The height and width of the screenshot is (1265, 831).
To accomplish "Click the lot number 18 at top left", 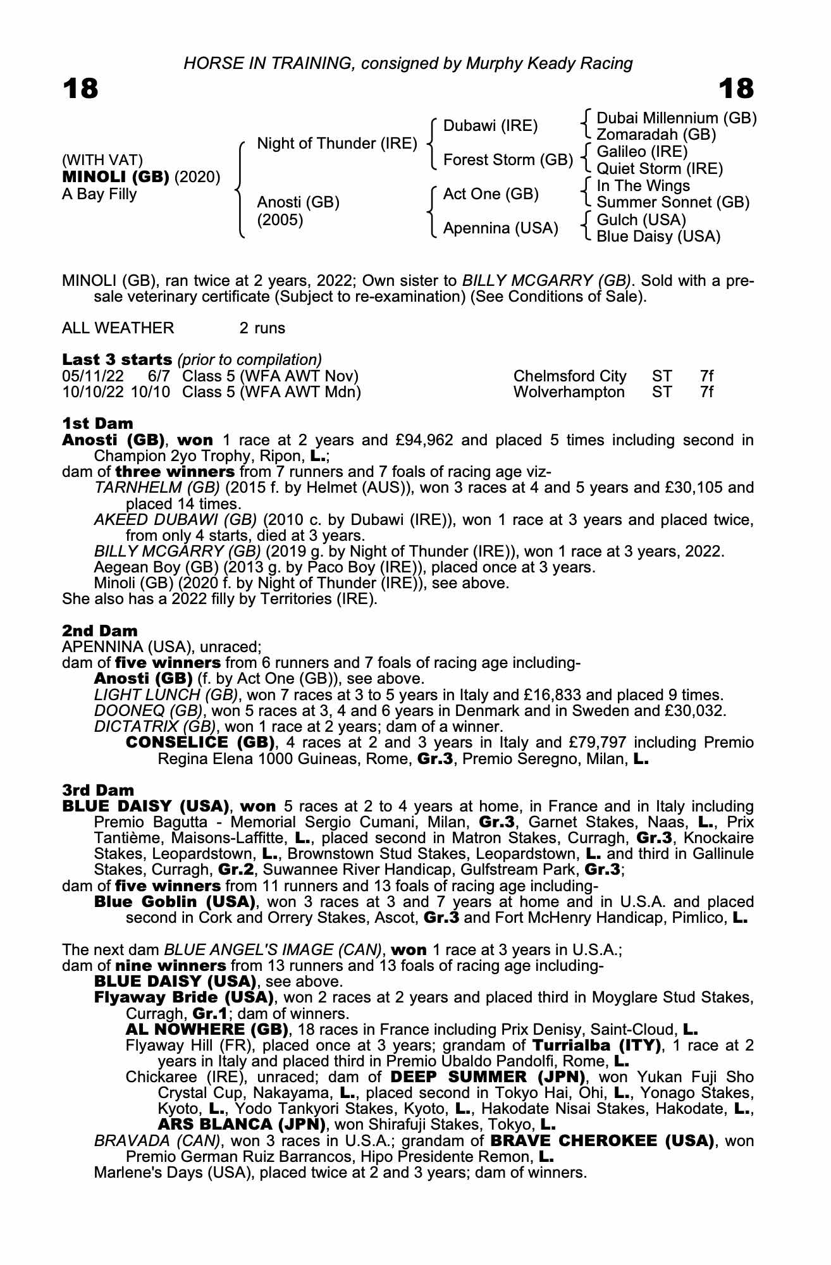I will (x=80, y=89).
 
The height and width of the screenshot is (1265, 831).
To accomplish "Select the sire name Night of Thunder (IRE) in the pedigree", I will (x=337, y=144).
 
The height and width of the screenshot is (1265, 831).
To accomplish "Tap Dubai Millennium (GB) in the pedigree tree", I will (x=676, y=118).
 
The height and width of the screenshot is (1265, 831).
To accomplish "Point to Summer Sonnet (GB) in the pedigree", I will (x=673, y=202).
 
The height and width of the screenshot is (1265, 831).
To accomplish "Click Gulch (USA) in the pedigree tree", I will (x=641, y=219).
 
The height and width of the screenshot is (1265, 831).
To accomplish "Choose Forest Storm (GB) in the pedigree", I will (x=508, y=160).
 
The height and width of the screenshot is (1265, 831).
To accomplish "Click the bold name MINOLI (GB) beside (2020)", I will (x=115, y=177).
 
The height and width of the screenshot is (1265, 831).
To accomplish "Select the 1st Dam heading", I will (x=97, y=423).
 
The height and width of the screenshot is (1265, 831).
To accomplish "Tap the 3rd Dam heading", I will (x=98, y=790).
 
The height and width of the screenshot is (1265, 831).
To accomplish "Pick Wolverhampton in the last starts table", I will (x=569, y=392).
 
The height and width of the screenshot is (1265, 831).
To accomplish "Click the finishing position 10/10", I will (x=151, y=392).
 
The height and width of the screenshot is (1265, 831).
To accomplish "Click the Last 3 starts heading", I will (x=117, y=359).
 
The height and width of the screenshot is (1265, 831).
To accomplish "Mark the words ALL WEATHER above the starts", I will (x=118, y=328).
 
